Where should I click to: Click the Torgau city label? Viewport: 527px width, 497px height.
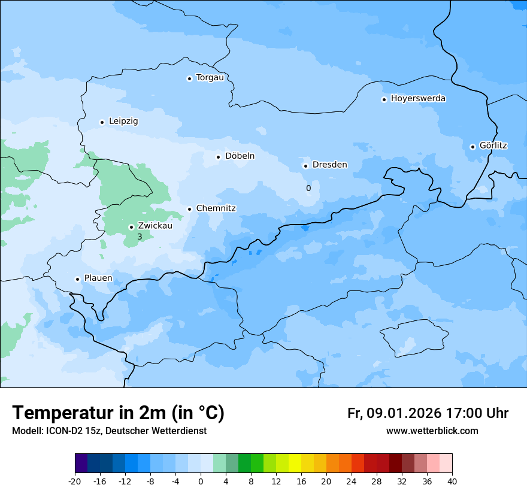(x=210, y=78)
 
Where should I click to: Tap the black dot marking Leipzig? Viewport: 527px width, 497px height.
(x=102, y=122)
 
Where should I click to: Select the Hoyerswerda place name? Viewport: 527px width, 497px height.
(x=418, y=99)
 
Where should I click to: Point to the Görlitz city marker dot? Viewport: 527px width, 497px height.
(x=473, y=147)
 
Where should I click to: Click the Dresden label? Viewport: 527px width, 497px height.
(x=329, y=165)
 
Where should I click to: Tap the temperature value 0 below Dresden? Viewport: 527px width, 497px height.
(x=308, y=188)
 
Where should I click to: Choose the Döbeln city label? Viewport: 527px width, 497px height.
(x=240, y=156)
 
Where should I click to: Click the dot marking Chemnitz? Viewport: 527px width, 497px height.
(x=189, y=209)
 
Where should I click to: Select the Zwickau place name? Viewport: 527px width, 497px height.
(x=155, y=226)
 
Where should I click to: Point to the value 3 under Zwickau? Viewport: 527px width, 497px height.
(x=140, y=237)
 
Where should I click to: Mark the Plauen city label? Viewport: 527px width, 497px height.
(x=98, y=278)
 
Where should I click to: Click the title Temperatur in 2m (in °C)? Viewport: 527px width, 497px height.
(x=118, y=413)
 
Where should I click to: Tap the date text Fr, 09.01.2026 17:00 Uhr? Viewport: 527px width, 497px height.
(x=428, y=413)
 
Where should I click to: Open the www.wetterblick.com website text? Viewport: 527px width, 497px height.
(x=432, y=431)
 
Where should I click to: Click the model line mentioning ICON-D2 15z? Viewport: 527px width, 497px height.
(x=109, y=431)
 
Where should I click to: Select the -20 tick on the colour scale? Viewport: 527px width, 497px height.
(x=75, y=481)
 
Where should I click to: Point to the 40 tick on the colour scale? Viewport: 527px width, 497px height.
(x=452, y=481)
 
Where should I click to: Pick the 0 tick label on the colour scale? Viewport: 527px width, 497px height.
(x=201, y=481)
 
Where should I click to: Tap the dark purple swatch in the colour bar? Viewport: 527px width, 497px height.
(x=81, y=463)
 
